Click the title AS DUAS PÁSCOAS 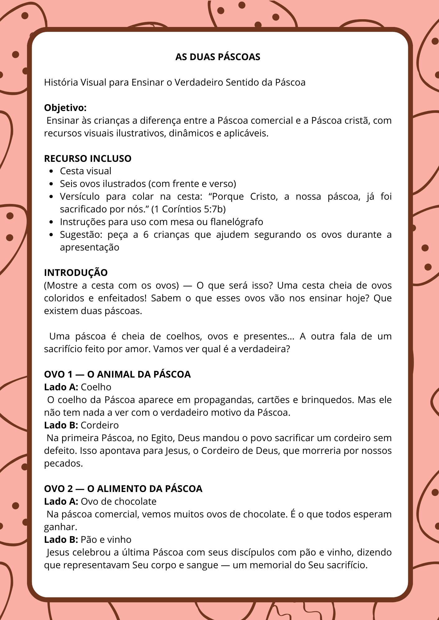(218, 57)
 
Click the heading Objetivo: (65, 108)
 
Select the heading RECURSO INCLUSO (88, 159)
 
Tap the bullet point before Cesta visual (52, 171)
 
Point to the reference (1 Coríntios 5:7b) (188, 209)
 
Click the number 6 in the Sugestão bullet (146, 235)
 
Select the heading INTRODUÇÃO (76, 273)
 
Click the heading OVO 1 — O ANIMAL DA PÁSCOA (117, 374)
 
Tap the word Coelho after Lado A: (96, 387)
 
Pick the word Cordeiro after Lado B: (100, 425)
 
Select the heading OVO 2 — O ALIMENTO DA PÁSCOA (123, 489)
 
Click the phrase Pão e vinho (106, 540)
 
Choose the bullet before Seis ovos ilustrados (52, 184)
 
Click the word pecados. (63, 463)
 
